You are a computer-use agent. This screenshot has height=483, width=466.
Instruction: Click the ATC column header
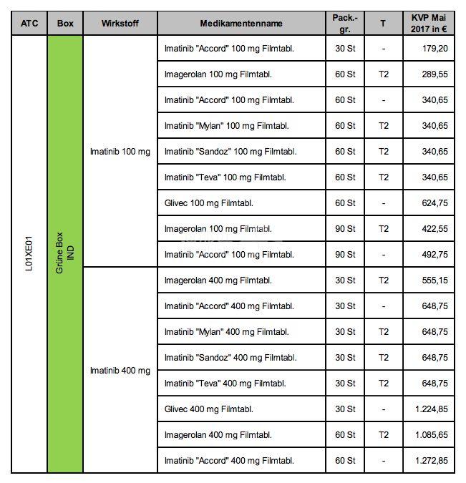[x=29, y=23]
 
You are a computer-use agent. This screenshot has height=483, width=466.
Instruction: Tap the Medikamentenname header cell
[x=241, y=23]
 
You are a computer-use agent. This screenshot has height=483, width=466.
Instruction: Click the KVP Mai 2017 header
[x=429, y=23]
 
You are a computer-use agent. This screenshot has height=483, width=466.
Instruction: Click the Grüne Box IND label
[x=65, y=255]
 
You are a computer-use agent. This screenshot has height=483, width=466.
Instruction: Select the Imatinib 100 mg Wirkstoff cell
[x=120, y=152]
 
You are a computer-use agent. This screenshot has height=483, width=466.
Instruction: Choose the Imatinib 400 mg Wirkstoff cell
[x=120, y=371]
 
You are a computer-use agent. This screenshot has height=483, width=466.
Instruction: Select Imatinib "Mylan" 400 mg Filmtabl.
[x=226, y=332]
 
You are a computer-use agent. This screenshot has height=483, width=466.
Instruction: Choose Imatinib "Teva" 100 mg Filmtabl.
[x=225, y=177]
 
